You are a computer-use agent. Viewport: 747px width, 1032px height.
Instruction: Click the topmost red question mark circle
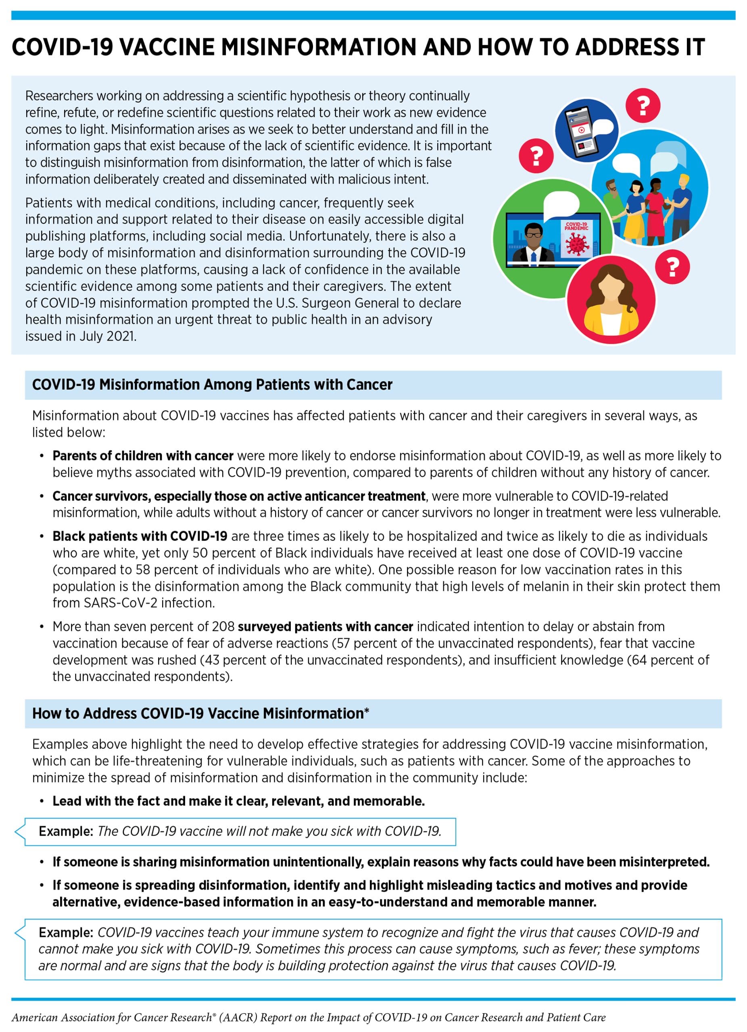click(x=642, y=105)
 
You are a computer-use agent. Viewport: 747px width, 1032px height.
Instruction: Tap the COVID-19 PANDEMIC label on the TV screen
click(x=576, y=226)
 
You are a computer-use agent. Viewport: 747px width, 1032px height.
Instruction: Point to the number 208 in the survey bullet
click(x=223, y=626)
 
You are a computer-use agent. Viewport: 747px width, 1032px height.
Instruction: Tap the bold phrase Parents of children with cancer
click(x=143, y=456)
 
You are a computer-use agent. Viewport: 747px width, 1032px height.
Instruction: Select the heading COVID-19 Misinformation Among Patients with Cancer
click(x=212, y=385)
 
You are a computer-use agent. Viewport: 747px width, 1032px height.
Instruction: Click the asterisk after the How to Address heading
click(x=367, y=711)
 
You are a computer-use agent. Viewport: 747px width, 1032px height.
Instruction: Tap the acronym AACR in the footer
click(x=238, y=1017)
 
